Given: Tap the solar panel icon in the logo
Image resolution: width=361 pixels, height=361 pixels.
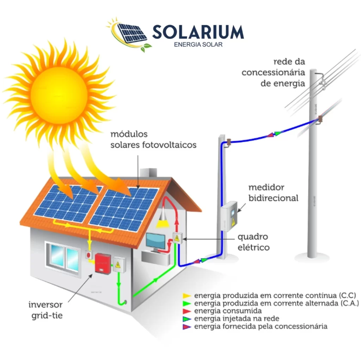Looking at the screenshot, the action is pos(132,33).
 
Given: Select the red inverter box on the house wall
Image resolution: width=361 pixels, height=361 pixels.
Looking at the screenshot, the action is pos(103,263).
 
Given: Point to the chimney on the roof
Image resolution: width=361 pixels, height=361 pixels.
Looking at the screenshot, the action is pos(148,173).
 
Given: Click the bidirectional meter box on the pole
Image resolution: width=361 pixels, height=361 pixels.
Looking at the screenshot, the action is pos(229,216).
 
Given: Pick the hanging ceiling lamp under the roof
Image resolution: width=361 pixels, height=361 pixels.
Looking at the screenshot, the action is pos(163,218).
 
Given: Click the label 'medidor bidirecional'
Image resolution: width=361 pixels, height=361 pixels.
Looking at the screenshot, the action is pos(273,193).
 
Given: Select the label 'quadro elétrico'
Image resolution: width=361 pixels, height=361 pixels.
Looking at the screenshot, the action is pos(253,242).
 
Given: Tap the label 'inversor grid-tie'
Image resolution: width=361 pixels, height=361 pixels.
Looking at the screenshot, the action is pos(45,310).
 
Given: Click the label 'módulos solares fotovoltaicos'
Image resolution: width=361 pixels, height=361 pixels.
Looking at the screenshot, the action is pos(153,140).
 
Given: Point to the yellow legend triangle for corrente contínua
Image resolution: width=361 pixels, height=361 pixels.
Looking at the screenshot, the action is pos(187,296).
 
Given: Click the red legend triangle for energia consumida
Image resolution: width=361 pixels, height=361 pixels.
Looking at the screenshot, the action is pos(187,311).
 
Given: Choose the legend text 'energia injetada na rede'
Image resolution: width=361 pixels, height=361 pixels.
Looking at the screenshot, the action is pos(237,319).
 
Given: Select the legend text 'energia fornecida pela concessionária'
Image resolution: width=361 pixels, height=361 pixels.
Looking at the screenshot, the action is pos(261,326).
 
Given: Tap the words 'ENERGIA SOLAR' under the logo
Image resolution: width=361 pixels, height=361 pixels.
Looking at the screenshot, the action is pos(198,44).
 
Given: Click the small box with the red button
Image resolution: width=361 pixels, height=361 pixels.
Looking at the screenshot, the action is pos(88,255).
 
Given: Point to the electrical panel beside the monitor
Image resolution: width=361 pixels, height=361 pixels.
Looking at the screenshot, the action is pos(177,238).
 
